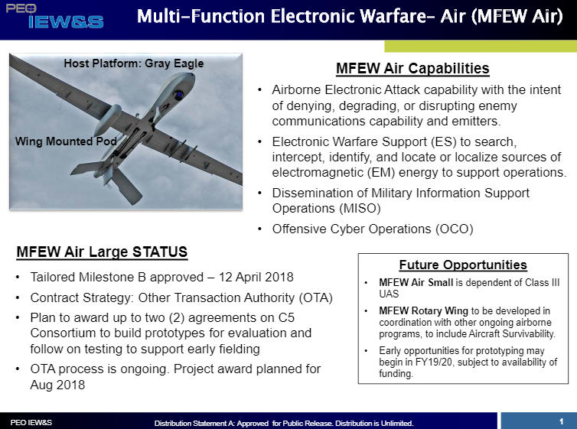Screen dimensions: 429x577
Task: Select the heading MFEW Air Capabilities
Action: pyautogui.click(x=412, y=69)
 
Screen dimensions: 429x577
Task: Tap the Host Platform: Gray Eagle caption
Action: pyautogui.click(x=134, y=63)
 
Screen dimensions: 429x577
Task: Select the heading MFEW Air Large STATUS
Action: pyautogui.click(x=102, y=252)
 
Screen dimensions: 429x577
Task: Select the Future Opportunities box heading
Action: pyautogui.click(x=463, y=265)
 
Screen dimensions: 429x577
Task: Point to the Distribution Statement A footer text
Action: pyautogui.click(x=283, y=423)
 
